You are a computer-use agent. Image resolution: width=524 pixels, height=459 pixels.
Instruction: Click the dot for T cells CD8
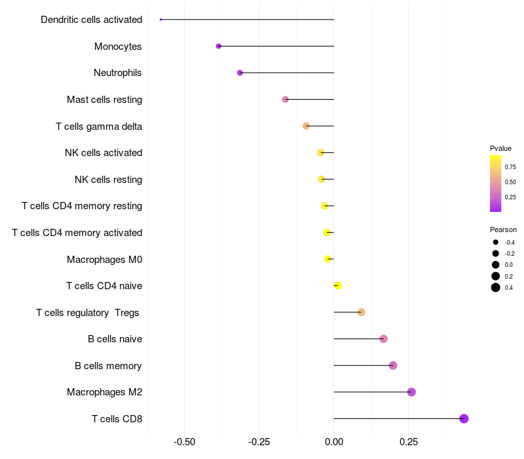point(464,418)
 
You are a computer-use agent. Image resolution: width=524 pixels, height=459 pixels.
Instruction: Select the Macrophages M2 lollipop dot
point(411,392)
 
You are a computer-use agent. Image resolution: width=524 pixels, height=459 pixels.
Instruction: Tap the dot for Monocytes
point(219,46)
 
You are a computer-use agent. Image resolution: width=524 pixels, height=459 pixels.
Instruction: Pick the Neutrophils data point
point(240,73)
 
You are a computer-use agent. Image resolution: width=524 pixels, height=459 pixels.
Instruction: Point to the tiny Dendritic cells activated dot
point(160,20)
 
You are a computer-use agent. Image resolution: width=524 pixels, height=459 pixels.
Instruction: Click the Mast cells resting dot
point(285,99)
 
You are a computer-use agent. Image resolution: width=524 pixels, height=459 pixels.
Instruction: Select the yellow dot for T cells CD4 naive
point(337,285)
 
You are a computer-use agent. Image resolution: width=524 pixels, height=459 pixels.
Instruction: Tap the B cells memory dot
point(393,365)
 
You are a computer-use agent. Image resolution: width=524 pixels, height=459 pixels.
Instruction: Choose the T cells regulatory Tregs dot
point(361,312)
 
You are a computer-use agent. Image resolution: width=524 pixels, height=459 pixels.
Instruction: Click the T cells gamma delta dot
point(306,126)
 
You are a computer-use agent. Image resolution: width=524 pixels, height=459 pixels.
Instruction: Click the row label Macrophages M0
point(104,260)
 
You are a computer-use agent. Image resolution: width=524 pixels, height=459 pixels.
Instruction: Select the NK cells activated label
point(103,153)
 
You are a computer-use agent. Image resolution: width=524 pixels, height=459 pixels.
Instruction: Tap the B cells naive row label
point(115,339)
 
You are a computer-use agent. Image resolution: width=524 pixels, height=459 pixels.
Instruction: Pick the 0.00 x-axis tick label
point(334,442)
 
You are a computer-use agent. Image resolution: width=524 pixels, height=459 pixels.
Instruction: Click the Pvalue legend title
point(500,148)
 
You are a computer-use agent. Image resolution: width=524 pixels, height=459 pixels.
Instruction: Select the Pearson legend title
point(503,229)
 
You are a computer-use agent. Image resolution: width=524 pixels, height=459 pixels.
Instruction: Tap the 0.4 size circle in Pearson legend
point(496,287)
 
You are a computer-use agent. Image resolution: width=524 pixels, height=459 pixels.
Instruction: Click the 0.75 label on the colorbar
point(510,167)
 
